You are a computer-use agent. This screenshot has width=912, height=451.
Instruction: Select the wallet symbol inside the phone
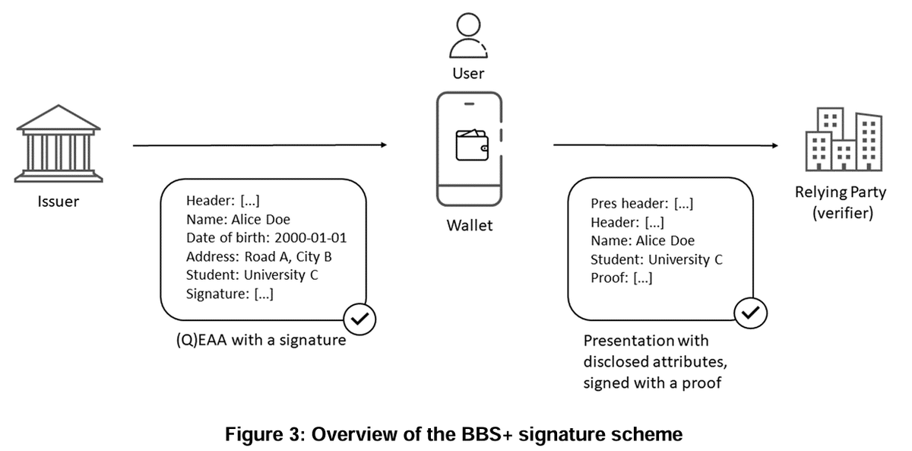pyautogui.click(x=470, y=145)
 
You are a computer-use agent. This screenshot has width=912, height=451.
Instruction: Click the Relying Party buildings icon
pyautogui.click(x=844, y=141)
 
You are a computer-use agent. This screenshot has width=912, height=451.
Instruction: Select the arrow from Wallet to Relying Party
pyautogui.click(x=666, y=145)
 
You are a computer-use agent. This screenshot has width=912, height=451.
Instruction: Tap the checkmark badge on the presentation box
pyautogui.click(x=750, y=312)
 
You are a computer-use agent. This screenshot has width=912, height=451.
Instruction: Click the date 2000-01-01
pyautogui.click(x=311, y=238)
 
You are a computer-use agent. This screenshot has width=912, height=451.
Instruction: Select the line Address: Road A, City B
pyautogui.click(x=258, y=256)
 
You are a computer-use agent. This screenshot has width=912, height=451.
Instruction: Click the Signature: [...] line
pyautogui.click(x=230, y=294)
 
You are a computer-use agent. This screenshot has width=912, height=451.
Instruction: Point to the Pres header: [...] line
pyautogui.click(x=641, y=204)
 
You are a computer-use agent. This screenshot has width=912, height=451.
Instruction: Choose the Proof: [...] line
pyautogui.click(x=621, y=278)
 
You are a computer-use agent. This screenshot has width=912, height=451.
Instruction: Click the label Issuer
pyautogui.click(x=58, y=202)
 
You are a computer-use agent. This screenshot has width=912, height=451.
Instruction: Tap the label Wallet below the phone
pyautogui.click(x=470, y=225)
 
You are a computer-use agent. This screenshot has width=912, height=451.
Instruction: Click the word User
pyautogui.click(x=468, y=74)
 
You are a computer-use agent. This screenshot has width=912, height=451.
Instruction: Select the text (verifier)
pyautogui.click(x=842, y=213)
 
